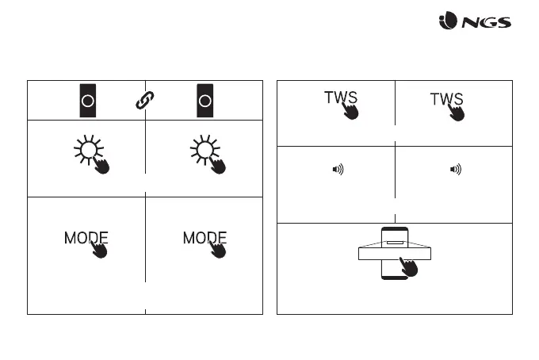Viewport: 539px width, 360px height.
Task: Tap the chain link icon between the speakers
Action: pos(145,101)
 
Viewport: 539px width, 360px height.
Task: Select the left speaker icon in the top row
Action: pos(87,100)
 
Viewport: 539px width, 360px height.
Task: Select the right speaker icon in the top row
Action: pos(205,100)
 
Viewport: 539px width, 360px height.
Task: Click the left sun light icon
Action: pos(88,150)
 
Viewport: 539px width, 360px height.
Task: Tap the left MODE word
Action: pos(85,238)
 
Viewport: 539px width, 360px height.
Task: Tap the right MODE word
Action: pos(204,238)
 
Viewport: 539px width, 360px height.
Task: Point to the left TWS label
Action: pos(340,98)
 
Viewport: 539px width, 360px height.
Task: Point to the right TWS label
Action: pos(445,99)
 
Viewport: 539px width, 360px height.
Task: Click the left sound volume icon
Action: pos(337,170)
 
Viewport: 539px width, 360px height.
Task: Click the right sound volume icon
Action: pos(455,170)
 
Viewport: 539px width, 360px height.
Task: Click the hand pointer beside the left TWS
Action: pos(350,110)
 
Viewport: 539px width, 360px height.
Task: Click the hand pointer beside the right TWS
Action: pos(457,111)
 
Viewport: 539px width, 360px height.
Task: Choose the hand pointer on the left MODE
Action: pos(101,247)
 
